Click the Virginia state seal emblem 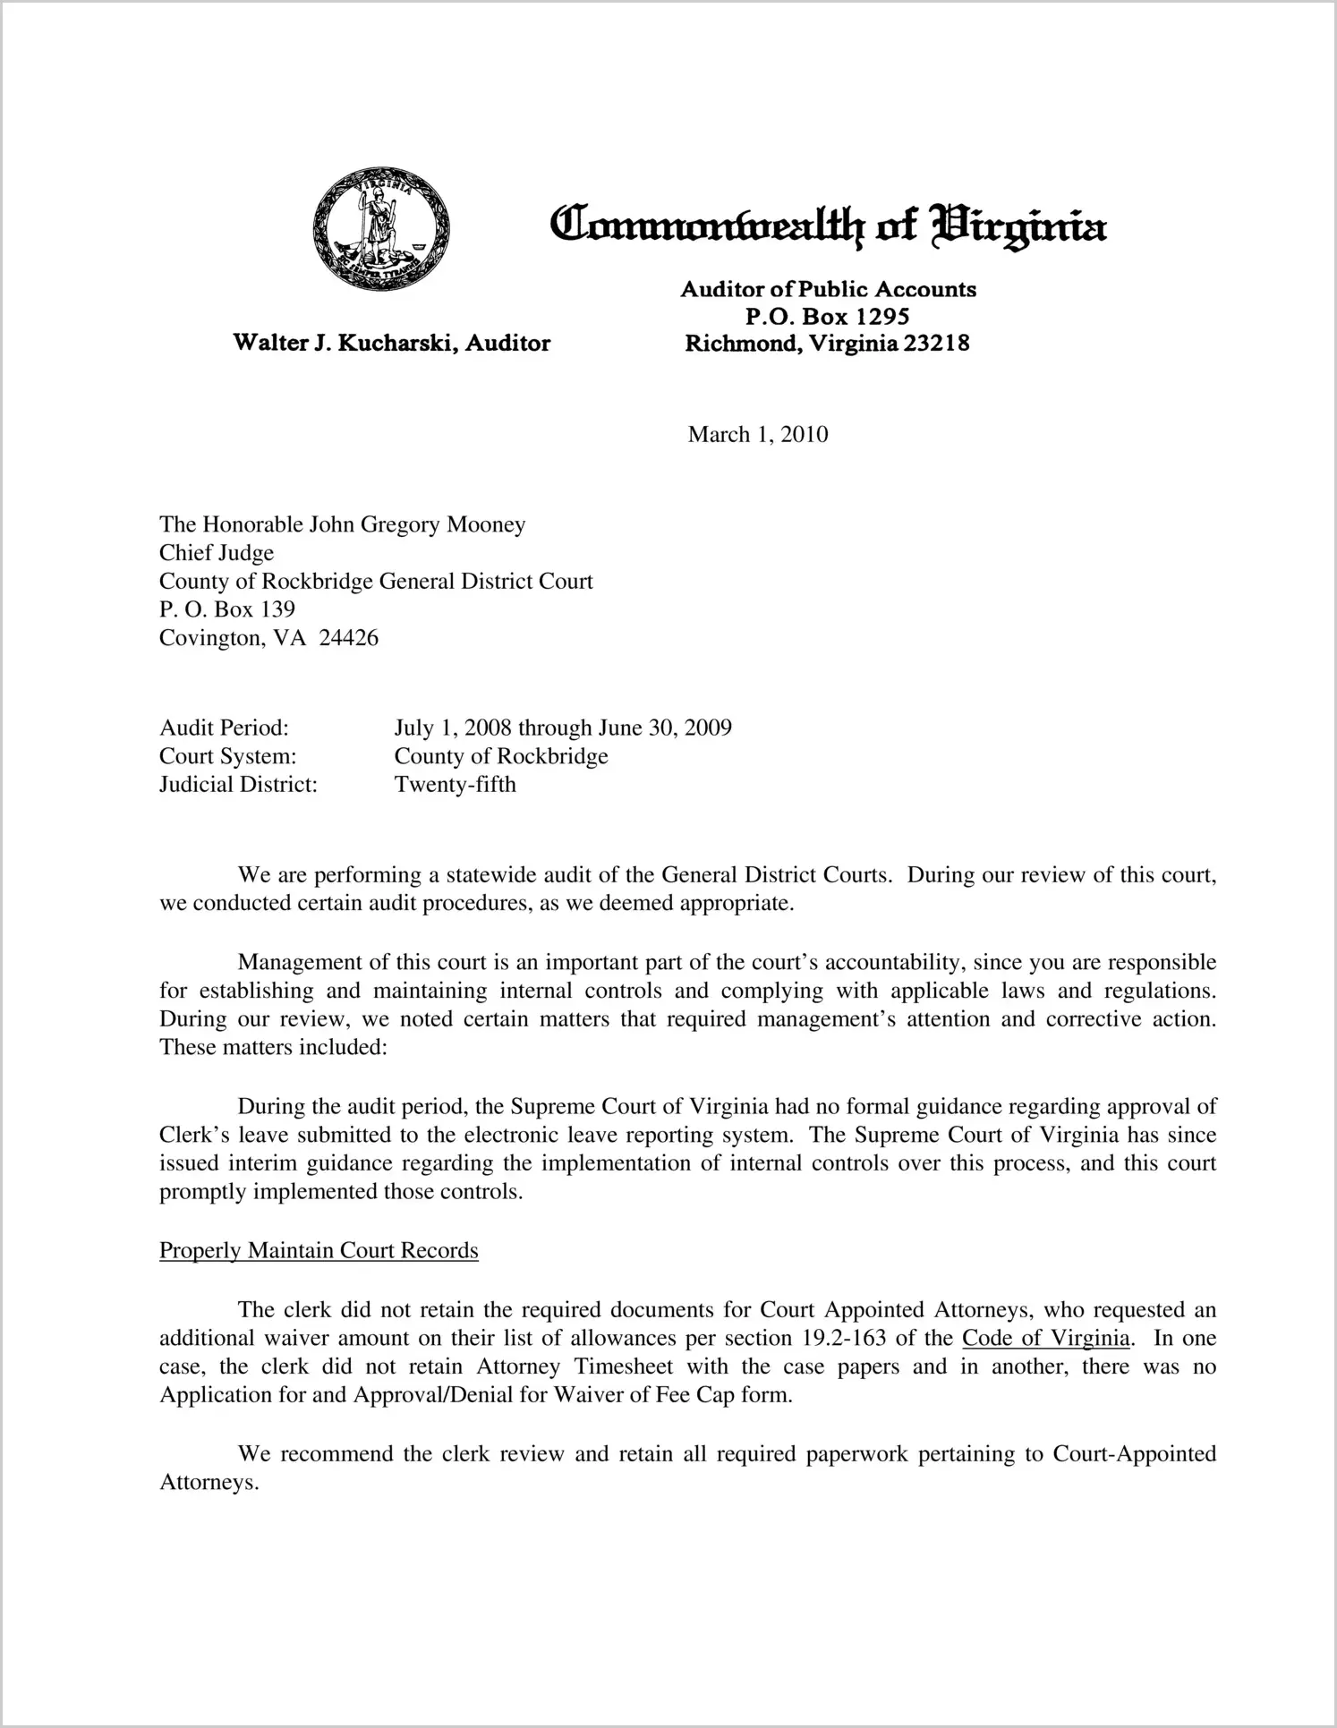tap(381, 229)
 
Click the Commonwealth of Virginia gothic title tap(828, 225)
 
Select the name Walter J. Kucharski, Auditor tap(391, 343)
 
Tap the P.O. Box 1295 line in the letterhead tap(827, 316)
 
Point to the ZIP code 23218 tap(936, 343)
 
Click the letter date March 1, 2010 tap(757, 435)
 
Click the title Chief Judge tap(217, 553)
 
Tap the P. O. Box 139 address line tap(227, 609)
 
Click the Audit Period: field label tap(224, 728)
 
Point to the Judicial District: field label tap(239, 785)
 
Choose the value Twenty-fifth tap(455, 785)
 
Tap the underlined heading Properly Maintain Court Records tap(319, 1250)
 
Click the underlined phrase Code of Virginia tap(1045, 1339)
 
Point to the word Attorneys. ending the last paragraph tap(209, 1483)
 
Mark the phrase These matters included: tap(273, 1048)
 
